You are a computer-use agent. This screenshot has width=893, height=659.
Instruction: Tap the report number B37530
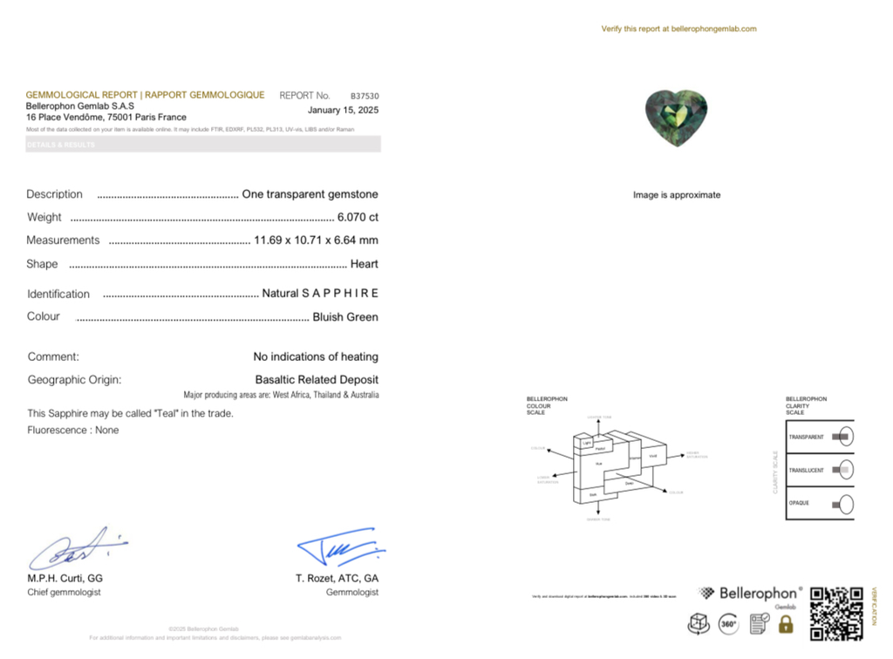coord(365,96)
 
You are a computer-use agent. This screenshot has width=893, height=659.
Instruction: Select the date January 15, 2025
coord(343,110)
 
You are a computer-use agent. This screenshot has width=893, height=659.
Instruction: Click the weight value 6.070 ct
coord(358,217)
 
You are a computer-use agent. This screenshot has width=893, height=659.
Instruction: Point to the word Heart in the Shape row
coord(364,263)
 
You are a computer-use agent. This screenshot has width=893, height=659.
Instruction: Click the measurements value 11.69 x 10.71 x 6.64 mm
coord(316,240)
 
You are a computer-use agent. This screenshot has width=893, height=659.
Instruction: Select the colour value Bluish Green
coord(345,317)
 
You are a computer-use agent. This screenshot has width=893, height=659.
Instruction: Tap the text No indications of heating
coord(316,357)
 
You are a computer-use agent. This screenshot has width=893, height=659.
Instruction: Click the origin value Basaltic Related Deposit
coord(317,380)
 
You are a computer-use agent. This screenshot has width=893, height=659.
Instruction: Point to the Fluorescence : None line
coord(73,430)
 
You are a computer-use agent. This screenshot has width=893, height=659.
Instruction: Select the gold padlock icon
coord(786,624)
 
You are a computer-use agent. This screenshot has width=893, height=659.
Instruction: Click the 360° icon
coord(727,624)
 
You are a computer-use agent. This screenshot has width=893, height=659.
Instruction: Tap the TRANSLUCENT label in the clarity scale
coord(806,471)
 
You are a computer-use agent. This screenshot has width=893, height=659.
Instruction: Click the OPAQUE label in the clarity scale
coord(800,503)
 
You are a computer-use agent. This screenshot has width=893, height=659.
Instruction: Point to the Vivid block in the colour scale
coord(654,456)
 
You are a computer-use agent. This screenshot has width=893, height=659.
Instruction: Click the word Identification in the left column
coord(58,295)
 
